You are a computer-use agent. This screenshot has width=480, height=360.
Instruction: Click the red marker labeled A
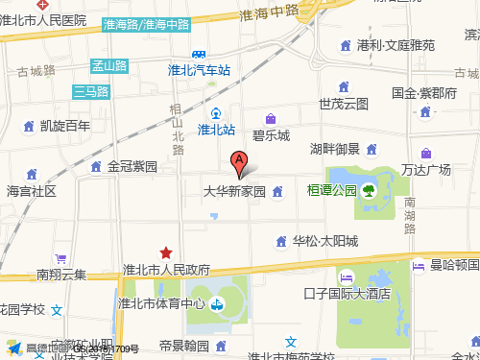pos(240,164)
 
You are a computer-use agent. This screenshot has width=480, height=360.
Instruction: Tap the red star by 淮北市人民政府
pos(166,252)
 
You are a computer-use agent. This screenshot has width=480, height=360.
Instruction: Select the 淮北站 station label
pos(217,130)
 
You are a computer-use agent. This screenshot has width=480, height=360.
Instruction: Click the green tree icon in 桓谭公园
pos(368,191)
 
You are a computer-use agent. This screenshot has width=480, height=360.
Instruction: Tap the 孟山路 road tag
pos(109,66)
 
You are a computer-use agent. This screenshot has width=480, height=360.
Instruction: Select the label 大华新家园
pos(234,191)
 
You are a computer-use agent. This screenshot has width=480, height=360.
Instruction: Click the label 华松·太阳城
pos(324,240)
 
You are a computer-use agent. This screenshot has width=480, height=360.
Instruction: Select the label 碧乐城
pos(271,135)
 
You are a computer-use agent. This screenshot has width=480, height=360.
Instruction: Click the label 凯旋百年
pos(65,125)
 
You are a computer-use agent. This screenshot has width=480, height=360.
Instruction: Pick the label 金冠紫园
pos(132,166)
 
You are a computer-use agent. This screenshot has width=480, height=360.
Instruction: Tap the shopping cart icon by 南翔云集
pos(60,259)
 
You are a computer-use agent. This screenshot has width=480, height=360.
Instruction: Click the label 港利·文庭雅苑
pos(396,45)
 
